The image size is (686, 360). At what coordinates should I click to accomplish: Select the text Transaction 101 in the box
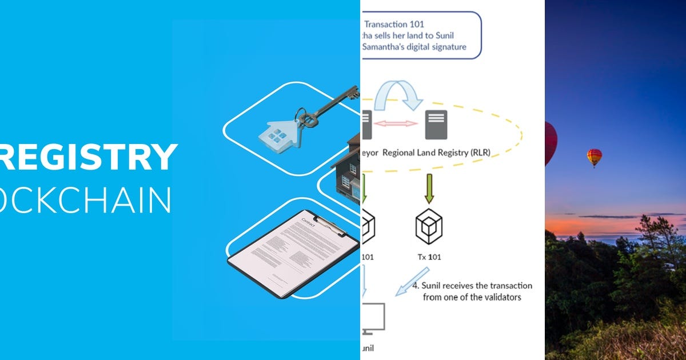point(394,25)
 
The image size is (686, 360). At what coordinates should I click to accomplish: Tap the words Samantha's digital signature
point(414,46)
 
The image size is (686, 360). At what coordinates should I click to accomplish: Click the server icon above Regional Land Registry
point(436,125)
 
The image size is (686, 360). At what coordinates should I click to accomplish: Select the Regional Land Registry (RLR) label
point(436,153)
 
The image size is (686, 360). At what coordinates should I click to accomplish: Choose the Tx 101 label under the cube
point(429,257)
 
